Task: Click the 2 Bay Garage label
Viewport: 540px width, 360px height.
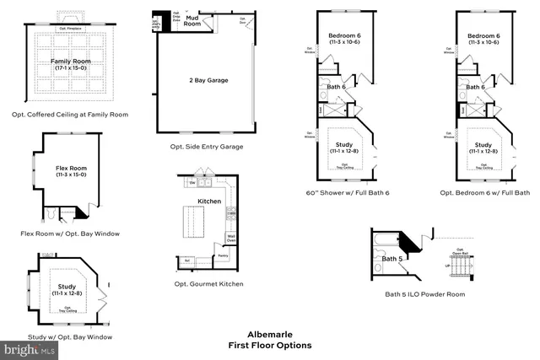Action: coord(208,80)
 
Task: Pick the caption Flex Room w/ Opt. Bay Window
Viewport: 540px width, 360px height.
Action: coord(70,233)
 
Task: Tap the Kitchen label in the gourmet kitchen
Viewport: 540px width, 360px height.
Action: coord(209,202)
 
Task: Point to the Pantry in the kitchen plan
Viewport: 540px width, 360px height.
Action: coord(223,255)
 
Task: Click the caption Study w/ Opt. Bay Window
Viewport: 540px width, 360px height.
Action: coord(70,336)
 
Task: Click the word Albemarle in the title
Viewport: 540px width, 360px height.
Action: coord(269,334)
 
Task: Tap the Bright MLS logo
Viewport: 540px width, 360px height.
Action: coord(25,348)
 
